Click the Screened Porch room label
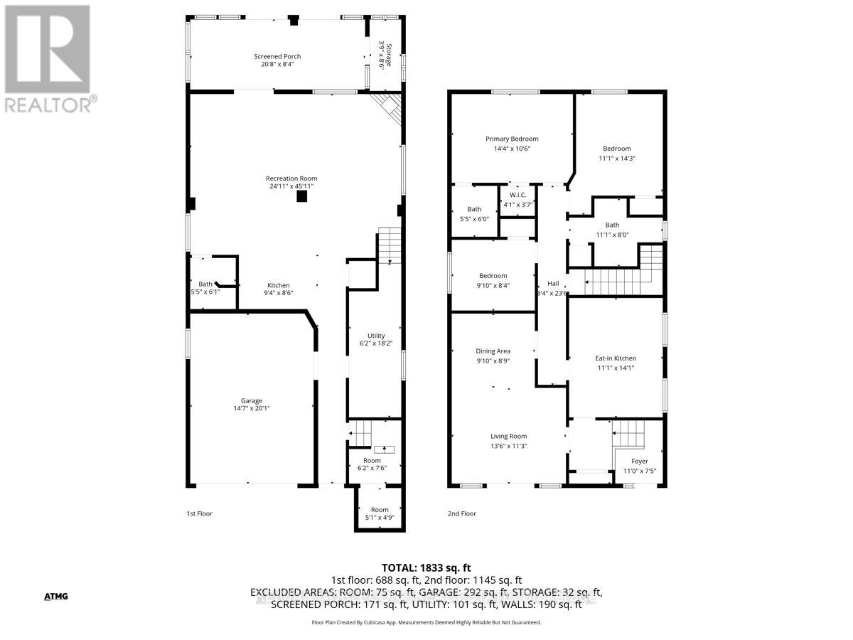[277, 56]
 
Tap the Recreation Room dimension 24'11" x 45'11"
[291, 186]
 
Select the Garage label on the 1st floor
[251, 400]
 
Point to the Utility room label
[376, 336]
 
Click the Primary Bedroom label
[512, 139]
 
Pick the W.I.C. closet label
[517, 196]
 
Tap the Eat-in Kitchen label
[616, 358]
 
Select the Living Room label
[508, 437]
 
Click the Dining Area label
[493, 351]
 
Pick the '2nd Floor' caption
[461, 513]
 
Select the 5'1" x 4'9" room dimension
[380, 518]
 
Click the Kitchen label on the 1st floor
[279, 285]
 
